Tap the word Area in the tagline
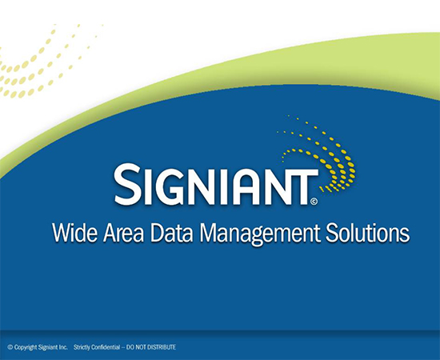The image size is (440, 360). coord(124,233)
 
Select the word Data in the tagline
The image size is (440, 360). coord(172,233)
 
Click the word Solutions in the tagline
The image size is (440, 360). coord(368,233)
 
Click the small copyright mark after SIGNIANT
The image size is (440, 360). coord(314,201)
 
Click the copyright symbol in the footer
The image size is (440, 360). coord(10,347)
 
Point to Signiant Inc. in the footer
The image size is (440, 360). coord(53,347)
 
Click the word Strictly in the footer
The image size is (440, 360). coord(82,347)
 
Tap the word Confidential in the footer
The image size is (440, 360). coord(106,347)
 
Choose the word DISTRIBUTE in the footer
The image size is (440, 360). coord(162,347)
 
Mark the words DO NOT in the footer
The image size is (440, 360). coord(137,347)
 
